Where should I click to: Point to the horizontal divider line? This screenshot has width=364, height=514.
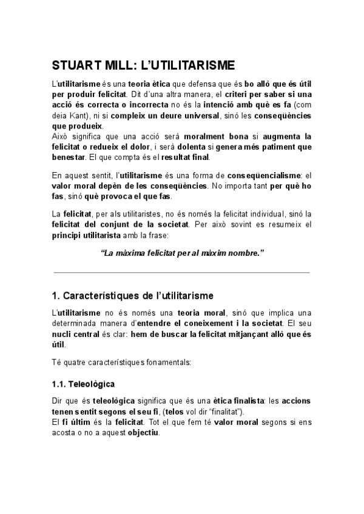182,273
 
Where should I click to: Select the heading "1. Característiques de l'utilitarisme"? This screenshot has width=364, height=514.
132,296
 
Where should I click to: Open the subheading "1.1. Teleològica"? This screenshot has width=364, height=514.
83,384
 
